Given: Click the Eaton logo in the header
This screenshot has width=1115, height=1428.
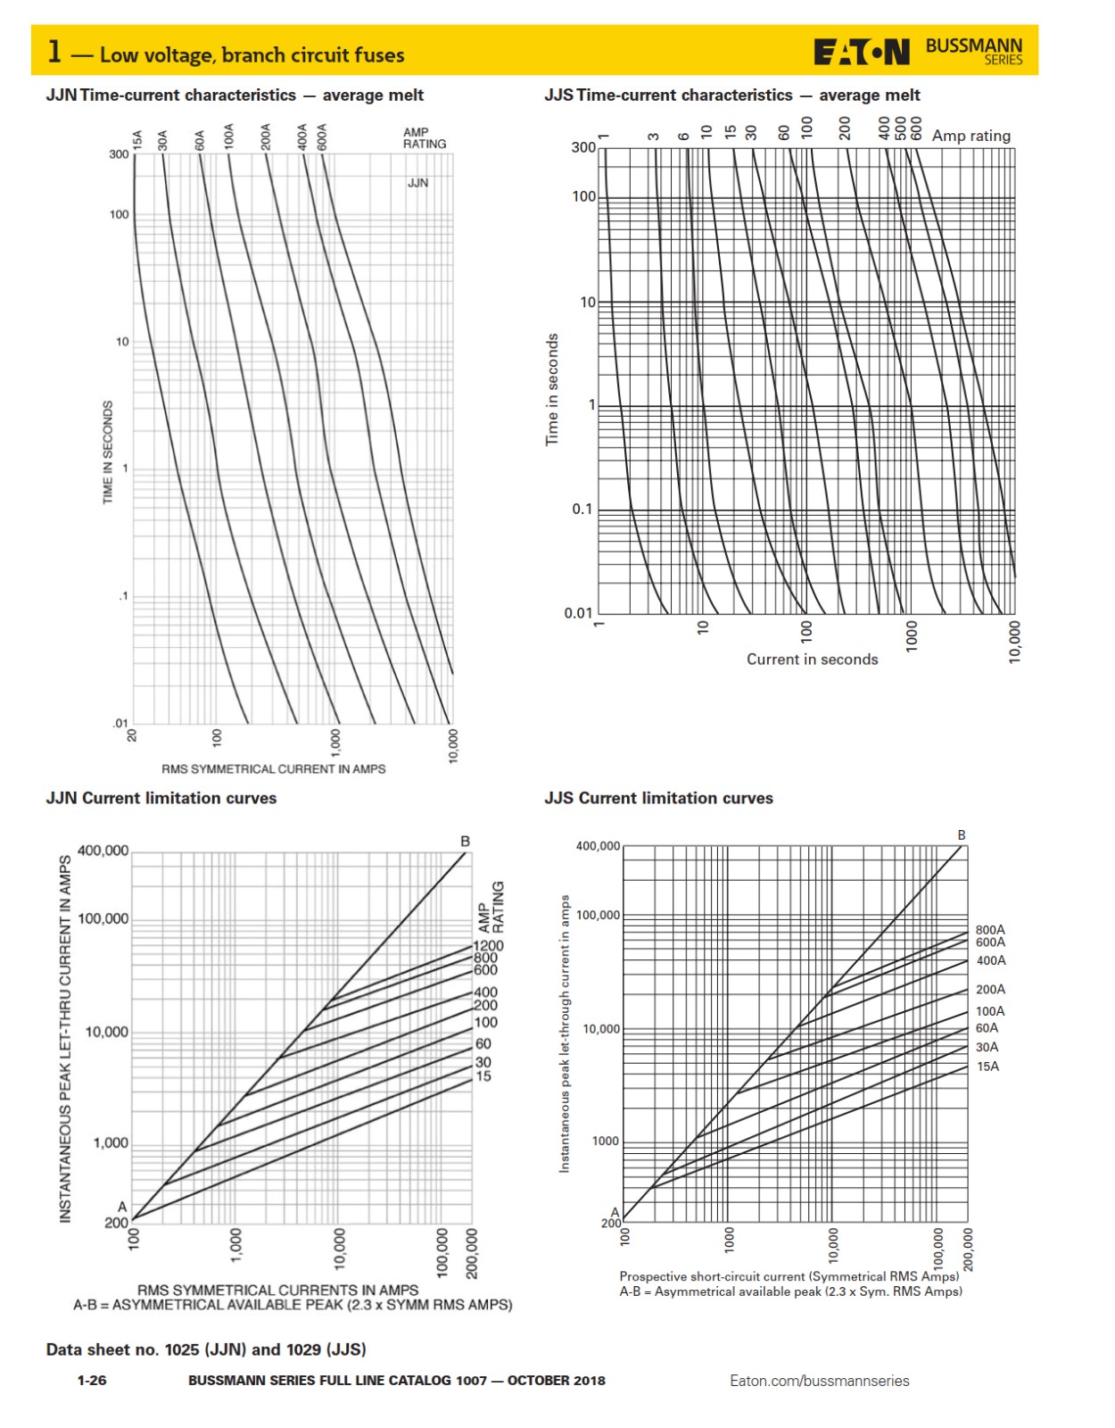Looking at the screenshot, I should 861,53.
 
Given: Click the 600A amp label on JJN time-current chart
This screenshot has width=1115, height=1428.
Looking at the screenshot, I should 322,137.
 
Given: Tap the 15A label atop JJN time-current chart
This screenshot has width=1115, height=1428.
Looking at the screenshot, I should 137,140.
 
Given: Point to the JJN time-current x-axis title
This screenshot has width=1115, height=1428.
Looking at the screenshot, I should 273,768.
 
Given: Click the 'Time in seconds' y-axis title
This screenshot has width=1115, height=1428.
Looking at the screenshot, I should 552,389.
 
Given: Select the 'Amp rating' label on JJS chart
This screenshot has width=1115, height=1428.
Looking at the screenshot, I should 970,136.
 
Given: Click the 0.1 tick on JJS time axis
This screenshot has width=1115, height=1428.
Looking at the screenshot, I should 582,509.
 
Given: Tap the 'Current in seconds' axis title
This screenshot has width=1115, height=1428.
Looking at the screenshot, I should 812,660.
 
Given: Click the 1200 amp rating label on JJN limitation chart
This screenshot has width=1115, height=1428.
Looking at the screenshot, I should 488,945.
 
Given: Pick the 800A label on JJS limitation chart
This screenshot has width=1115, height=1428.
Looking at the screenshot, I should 990,929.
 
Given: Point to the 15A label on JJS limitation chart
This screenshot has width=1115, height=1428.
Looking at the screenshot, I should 987,1067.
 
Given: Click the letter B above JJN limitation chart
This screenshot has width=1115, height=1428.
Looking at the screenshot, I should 465,841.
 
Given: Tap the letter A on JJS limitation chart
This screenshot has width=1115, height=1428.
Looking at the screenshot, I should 615,1211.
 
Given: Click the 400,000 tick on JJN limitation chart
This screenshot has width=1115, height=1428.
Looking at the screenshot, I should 103,851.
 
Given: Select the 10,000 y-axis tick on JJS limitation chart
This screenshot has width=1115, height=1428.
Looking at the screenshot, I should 601,1029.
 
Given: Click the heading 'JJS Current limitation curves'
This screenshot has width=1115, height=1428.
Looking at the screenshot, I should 658,798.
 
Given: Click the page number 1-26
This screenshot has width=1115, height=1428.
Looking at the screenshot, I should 92,1380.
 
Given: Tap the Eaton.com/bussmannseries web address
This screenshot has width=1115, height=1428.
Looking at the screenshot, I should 819,1381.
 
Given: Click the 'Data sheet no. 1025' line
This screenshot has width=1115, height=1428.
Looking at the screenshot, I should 206,1349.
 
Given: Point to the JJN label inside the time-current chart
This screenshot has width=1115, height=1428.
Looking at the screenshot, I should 417,183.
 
